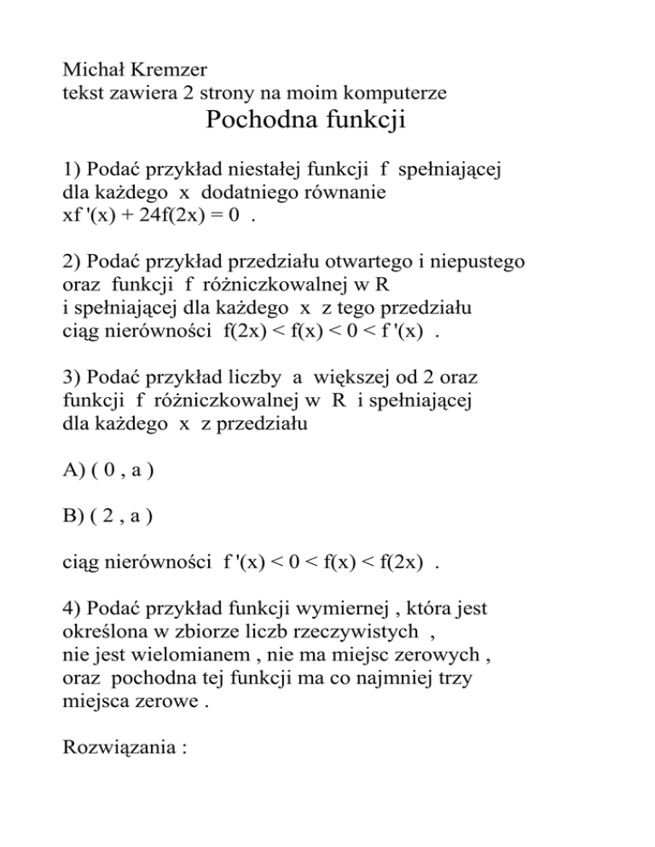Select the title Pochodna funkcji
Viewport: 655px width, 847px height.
pyautogui.click(x=305, y=121)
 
